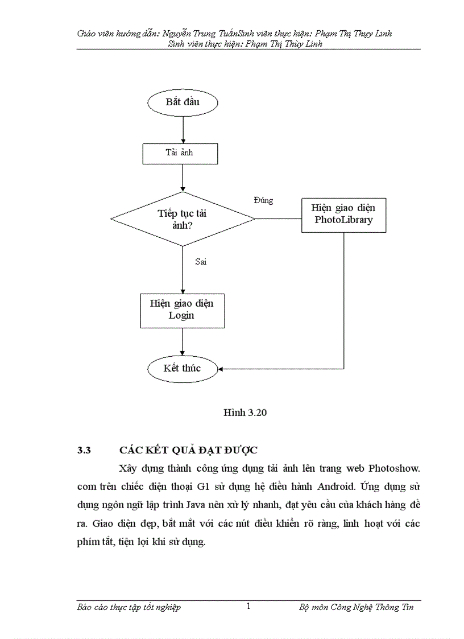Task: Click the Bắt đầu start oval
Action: click(x=183, y=102)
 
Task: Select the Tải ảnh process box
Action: click(x=179, y=152)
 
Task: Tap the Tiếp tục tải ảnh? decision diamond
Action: click(x=183, y=219)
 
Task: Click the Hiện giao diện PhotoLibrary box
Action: click(x=343, y=215)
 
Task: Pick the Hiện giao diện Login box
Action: click(x=182, y=310)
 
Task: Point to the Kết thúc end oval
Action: click(x=183, y=368)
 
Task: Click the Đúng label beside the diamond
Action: click(x=263, y=200)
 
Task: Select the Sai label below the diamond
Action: click(x=200, y=262)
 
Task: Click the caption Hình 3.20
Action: click(x=245, y=413)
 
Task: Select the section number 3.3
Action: click(x=84, y=450)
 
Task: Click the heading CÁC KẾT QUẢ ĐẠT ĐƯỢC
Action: click(x=188, y=450)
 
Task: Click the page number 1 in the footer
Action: click(x=248, y=607)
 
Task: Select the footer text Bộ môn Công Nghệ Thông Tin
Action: click(x=356, y=607)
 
